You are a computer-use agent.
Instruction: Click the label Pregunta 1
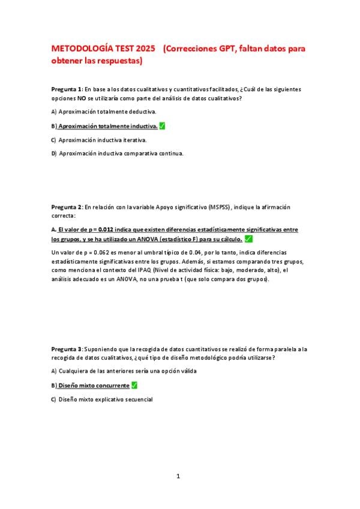(x=66, y=89)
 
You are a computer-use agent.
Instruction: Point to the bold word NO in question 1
(x=81, y=98)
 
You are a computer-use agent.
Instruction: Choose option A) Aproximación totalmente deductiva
(x=104, y=112)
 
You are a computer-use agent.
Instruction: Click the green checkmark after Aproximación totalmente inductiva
(x=163, y=126)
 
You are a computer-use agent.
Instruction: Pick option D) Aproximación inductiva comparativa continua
(x=117, y=154)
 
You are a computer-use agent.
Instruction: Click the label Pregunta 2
(x=66, y=207)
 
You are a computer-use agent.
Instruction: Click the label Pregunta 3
(x=66, y=349)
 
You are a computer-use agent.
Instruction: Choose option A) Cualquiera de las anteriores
(x=124, y=372)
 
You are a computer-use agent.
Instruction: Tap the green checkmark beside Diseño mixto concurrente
(x=134, y=385)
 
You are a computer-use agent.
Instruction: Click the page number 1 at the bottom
(x=178, y=477)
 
